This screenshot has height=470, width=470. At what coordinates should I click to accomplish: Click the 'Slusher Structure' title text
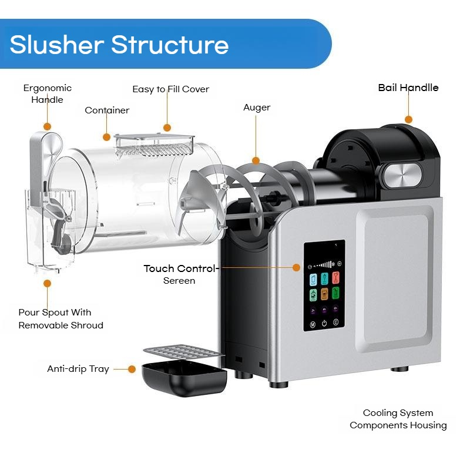(x=119, y=45)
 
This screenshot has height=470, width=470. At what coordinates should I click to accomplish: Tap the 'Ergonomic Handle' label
(x=48, y=93)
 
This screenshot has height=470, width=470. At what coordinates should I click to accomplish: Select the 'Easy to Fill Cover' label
(x=170, y=89)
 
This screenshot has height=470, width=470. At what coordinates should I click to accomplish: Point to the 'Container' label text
(x=107, y=110)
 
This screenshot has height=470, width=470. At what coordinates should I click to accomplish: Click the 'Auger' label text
(x=257, y=108)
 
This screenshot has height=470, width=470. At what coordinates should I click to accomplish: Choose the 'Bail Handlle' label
(x=408, y=88)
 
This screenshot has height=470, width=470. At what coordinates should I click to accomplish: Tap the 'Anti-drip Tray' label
(x=78, y=369)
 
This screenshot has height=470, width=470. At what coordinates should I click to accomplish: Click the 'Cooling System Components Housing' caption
(x=398, y=419)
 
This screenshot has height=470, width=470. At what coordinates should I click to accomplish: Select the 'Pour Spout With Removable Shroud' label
(x=61, y=318)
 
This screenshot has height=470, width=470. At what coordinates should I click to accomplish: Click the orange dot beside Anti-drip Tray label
(x=132, y=369)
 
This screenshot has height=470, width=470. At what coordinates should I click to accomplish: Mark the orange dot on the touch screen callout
(x=296, y=267)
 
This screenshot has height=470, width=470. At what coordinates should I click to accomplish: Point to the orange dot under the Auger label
(x=256, y=161)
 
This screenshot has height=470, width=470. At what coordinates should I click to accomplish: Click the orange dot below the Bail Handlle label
(x=408, y=120)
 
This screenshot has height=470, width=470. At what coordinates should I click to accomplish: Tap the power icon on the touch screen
(x=324, y=324)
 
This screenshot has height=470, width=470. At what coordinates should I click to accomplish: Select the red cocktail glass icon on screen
(x=335, y=278)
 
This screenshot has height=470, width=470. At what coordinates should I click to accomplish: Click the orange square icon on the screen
(x=324, y=294)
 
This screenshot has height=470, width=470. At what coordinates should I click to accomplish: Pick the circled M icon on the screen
(x=313, y=325)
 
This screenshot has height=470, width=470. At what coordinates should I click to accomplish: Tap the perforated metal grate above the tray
(x=183, y=352)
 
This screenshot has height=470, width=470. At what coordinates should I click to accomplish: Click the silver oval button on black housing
(x=403, y=175)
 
